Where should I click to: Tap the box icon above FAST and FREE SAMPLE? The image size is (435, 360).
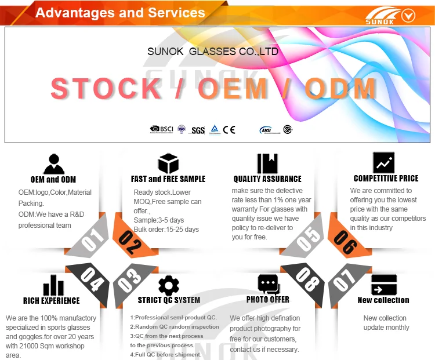(168, 163)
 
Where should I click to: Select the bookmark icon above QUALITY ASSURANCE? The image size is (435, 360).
(267, 163)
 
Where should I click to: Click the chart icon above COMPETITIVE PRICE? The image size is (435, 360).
(383, 163)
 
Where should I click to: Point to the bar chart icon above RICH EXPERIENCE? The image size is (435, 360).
(53, 285)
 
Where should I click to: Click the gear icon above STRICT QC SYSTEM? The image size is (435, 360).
(168, 285)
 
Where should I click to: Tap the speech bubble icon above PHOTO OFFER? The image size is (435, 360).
(268, 284)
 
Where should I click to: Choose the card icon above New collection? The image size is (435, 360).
(383, 285)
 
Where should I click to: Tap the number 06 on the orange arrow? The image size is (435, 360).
(346, 242)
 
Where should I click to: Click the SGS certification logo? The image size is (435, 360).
(198, 130)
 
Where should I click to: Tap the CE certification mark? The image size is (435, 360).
(229, 130)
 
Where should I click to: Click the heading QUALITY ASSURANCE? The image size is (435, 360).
(267, 179)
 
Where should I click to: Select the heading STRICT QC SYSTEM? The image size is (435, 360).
(169, 300)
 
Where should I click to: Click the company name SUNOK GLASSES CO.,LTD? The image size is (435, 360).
(213, 52)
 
